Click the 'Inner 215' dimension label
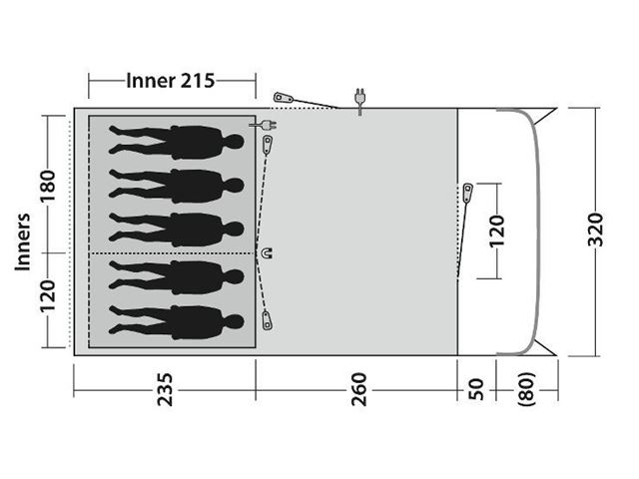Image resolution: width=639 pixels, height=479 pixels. pos(171,81)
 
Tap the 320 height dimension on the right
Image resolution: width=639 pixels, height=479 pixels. pos(596,230)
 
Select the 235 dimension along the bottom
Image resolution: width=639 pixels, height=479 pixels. pos(165,390)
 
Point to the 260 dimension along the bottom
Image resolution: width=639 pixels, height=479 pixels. pos(358,390)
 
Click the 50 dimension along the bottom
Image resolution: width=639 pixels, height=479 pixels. pos(475,390)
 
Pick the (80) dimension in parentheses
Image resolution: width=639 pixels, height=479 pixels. pos(526,389)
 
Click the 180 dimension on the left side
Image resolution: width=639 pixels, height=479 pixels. pos(47,187)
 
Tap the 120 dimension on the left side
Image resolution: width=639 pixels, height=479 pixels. pos(47,296)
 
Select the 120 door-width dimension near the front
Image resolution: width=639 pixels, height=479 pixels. pos(496,232)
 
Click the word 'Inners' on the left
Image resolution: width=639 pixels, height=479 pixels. pos(23,241)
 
